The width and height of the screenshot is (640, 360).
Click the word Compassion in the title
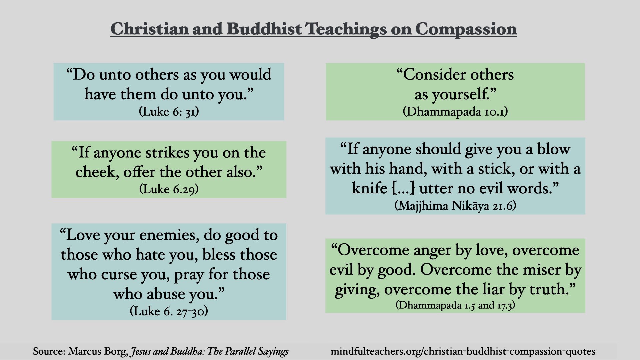pyautogui.click(x=466, y=29)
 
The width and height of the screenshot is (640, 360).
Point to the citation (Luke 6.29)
pyautogui.click(x=169, y=189)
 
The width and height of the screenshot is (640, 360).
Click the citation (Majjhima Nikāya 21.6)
pyautogui.click(x=455, y=206)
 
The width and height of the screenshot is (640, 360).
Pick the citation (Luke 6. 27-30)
pyautogui.click(x=169, y=311)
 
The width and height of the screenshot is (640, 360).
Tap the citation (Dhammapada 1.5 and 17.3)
pyautogui.click(x=455, y=305)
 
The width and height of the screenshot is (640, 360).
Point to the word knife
pyautogui.click(x=369, y=188)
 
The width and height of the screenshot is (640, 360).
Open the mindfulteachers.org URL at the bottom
pyautogui.click(x=463, y=351)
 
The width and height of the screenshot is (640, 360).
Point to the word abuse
pyautogui.click(x=166, y=294)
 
